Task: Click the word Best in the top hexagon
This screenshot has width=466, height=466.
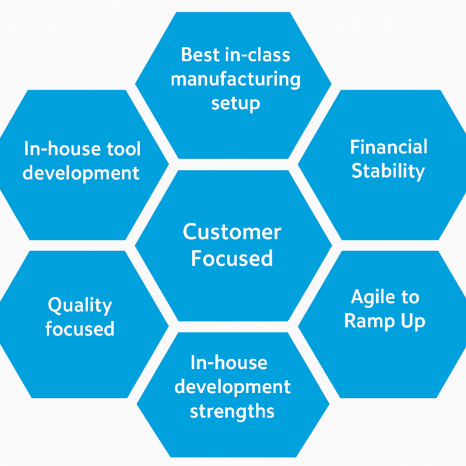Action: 200,55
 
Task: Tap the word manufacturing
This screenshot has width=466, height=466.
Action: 235,79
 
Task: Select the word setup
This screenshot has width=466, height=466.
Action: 235,103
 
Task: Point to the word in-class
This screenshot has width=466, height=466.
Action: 258,55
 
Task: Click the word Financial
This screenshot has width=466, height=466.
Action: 389,146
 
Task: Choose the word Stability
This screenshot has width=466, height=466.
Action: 388,171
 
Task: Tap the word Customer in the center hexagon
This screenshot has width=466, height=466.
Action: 232,232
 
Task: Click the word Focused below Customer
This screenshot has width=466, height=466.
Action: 232,258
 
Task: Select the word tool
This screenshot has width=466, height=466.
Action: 124,149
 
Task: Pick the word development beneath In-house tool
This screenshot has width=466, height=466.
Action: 81,173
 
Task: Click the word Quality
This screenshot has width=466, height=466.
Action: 80,305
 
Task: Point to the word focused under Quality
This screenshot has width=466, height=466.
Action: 80,328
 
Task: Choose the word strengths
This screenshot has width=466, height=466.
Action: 232,411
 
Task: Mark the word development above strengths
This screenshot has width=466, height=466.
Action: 232,387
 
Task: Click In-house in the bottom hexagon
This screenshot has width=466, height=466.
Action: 229,363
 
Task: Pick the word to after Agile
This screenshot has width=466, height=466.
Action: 410,297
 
